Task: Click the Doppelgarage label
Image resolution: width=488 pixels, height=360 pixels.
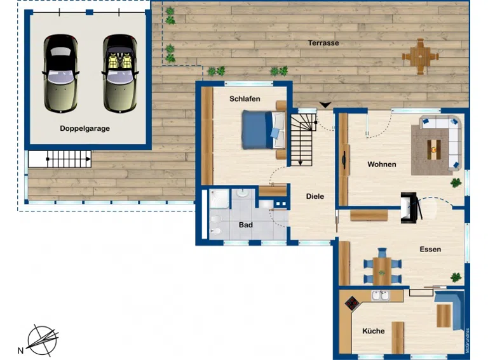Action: [x=85, y=128]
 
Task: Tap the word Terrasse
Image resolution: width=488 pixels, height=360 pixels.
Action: [x=323, y=43]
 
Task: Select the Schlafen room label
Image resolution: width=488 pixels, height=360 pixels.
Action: [x=245, y=99]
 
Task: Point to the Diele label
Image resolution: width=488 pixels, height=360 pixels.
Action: [x=315, y=196]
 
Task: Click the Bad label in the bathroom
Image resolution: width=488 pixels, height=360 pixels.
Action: [x=245, y=225]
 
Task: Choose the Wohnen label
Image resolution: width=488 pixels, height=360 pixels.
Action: [x=381, y=164]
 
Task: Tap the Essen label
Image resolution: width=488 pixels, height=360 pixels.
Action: [x=430, y=249]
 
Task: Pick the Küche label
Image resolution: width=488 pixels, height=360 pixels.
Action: [x=374, y=331]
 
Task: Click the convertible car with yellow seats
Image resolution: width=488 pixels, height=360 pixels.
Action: [x=120, y=74]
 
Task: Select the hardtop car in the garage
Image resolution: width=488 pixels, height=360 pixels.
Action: [x=61, y=74]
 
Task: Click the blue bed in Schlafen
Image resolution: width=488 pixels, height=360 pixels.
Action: [x=263, y=130]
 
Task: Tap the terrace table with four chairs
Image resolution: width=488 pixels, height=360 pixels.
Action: [x=421, y=57]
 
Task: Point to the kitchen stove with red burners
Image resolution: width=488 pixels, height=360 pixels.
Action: [x=352, y=303]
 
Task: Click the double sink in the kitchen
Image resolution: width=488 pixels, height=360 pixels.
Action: [x=381, y=295]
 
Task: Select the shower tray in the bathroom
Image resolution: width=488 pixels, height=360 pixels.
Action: [x=219, y=199]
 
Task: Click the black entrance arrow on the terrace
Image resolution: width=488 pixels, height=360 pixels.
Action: [x=325, y=105]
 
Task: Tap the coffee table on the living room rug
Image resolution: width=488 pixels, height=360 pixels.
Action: [x=434, y=150]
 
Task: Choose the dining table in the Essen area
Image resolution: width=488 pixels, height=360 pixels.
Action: [x=382, y=271]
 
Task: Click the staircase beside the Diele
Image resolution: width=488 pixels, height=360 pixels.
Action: [x=301, y=140]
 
